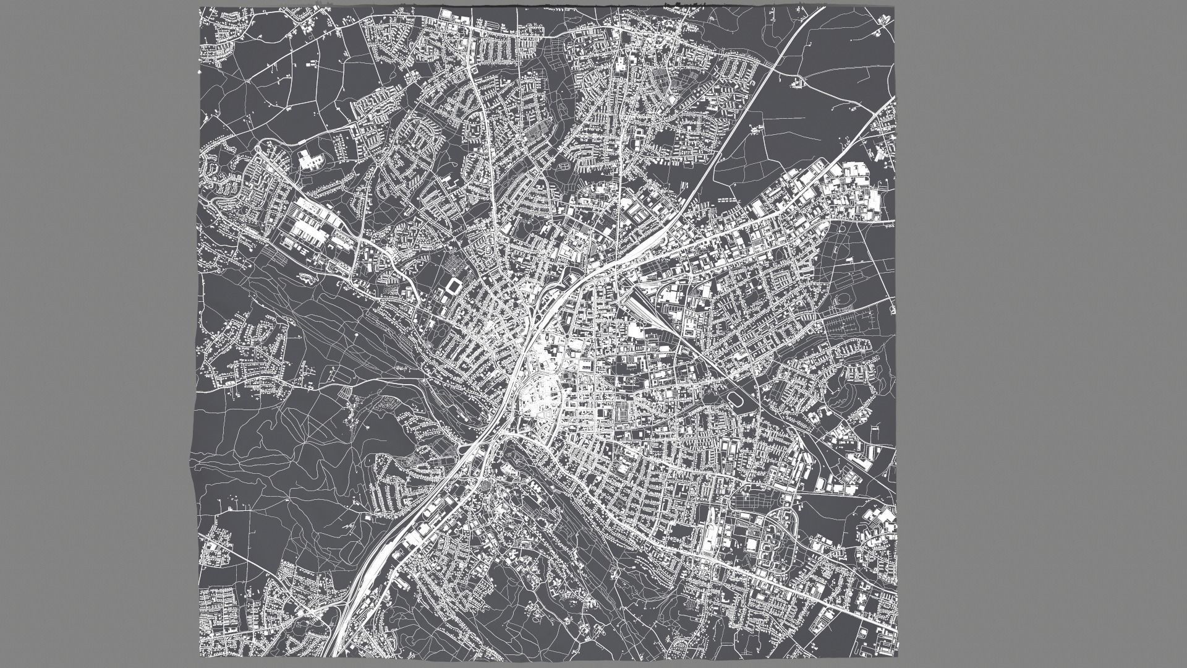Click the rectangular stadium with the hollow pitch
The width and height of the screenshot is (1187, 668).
454,286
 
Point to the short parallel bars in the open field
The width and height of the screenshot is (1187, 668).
727,200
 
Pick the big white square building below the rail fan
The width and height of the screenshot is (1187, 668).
637,331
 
